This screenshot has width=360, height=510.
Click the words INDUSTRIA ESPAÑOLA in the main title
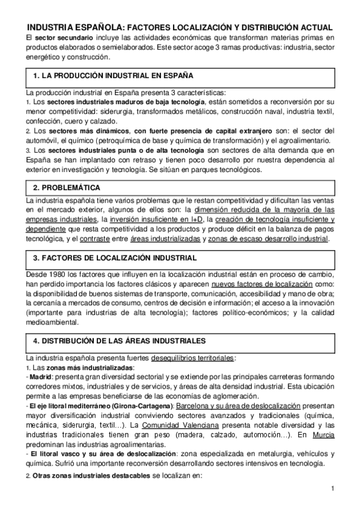coord(73,28)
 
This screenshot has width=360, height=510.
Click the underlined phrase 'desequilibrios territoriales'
coord(193,357)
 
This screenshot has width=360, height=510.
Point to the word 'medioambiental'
coord(52,322)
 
